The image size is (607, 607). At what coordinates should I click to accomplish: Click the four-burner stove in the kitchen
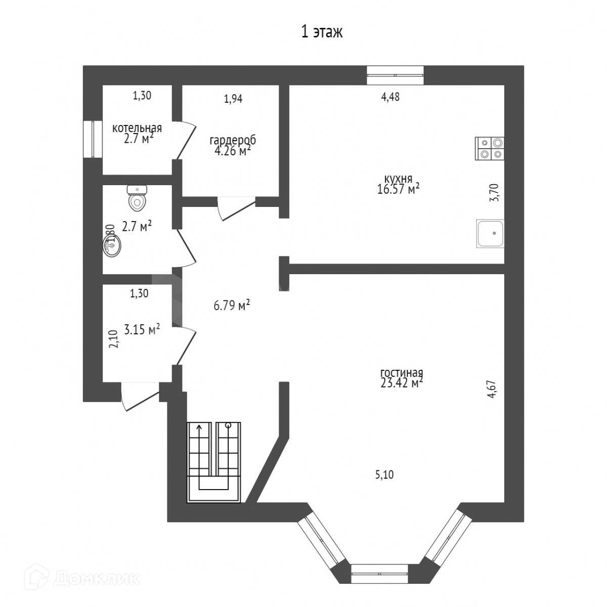pyautogui.click(x=490, y=149)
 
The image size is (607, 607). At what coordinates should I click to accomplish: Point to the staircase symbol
pyautogui.click(x=215, y=462)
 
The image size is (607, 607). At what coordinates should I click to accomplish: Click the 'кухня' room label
pyautogui.click(x=398, y=179)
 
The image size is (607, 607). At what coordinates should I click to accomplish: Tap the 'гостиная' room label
pyautogui.click(x=401, y=373)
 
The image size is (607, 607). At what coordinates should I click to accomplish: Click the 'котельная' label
pyautogui.click(x=137, y=128)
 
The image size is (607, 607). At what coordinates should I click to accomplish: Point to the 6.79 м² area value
pyautogui.click(x=230, y=306)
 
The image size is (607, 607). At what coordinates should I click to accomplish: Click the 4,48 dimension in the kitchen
pyautogui.click(x=390, y=98)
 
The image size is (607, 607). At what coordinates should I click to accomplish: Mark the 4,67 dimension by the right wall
pyautogui.click(x=491, y=390)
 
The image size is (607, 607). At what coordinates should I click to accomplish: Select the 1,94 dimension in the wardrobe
pyautogui.click(x=233, y=99)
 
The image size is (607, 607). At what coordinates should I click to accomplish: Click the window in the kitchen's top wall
pyautogui.click(x=395, y=75)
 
